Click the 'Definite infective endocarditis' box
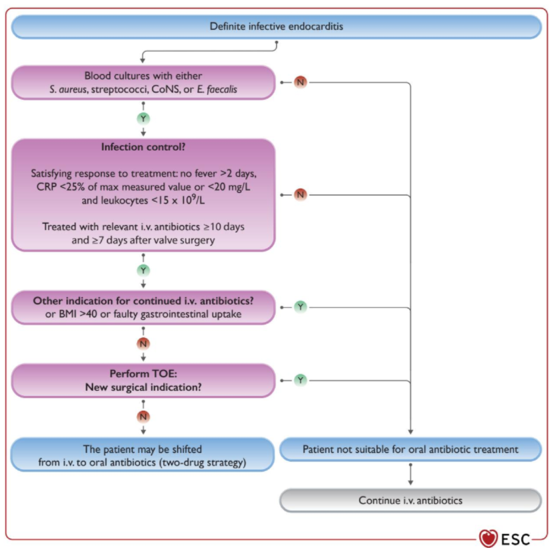point(276,27)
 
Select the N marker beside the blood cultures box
point(300,82)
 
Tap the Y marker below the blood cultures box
point(143,118)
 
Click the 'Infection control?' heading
point(143,147)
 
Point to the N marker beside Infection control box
point(300,195)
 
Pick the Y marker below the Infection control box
point(143,270)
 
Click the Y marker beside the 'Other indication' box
point(300,307)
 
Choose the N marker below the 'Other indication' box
point(143,343)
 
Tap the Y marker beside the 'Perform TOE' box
point(300,381)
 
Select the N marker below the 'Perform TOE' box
point(143,416)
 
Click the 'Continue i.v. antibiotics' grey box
point(410,500)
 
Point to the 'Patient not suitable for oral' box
point(410,450)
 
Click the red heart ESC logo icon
point(489,538)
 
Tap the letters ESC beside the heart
point(515,539)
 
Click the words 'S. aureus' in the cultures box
point(68,89)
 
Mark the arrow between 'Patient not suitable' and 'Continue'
point(410,474)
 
